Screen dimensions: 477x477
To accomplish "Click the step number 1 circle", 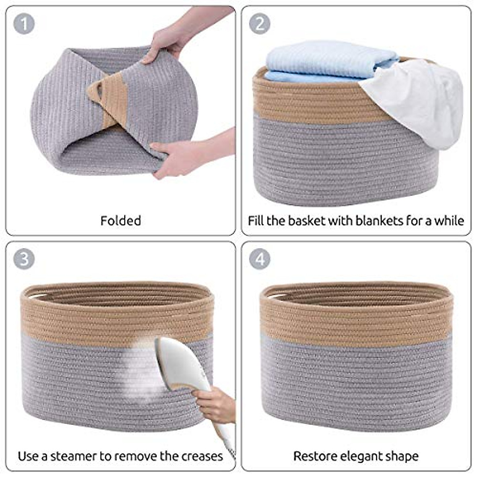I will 24,23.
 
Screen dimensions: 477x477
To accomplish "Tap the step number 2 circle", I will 260,23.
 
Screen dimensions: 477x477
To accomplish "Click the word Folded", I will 120,221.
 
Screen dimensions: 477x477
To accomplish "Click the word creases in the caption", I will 202,456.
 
